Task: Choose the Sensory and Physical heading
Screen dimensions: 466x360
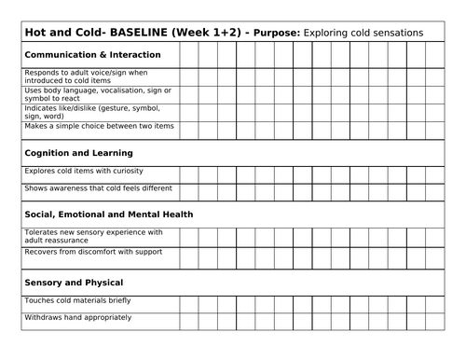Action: [x=74, y=281]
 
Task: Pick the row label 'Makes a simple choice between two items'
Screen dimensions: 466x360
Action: [x=96, y=126]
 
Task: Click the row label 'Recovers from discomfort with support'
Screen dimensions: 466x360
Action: [x=89, y=252]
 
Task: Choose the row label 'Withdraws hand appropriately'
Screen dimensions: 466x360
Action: [x=76, y=318]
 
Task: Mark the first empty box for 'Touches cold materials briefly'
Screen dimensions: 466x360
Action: [x=188, y=304]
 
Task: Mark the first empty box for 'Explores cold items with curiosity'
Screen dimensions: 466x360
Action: [x=188, y=174]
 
